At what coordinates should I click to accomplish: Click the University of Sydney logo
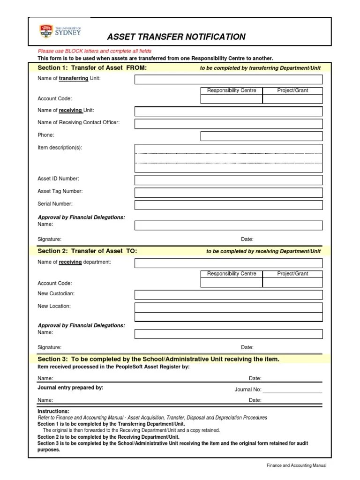[60, 31]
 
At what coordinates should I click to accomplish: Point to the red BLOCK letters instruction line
[95, 51]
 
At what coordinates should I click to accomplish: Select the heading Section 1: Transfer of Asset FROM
[92, 68]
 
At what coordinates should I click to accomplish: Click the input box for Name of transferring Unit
[228, 79]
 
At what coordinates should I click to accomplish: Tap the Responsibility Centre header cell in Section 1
[232, 90]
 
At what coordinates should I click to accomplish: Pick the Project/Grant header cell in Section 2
[292, 274]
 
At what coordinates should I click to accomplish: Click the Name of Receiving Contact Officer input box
[228, 124]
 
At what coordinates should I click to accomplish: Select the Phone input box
[262, 136]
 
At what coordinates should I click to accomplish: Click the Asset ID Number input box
[228, 180]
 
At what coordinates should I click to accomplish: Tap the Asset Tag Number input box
[228, 192]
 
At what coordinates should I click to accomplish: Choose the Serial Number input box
[228, 205]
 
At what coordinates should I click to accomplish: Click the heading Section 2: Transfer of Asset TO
[87, 251]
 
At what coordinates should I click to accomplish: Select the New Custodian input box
[228, 294]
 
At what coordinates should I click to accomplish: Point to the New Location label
[54, 306]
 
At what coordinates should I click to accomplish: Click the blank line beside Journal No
[292, 390]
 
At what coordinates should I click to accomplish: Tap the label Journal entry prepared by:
[70, 388]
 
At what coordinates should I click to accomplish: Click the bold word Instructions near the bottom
[53, 411]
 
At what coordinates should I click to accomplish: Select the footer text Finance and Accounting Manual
[296, 465]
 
